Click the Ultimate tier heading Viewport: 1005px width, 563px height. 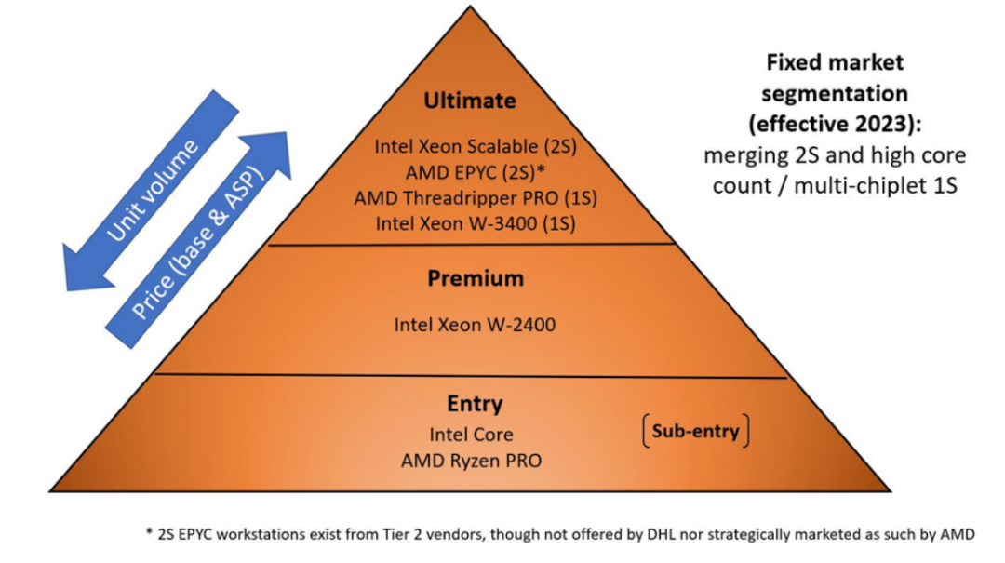pyautogui.click(x=470, y=101)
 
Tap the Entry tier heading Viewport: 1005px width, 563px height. pyautogui.click(x=475, y=404)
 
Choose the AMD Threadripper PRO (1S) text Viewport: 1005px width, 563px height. pyautogui.click(x=476, y=197)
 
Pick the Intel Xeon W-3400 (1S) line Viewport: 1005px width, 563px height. pyautogui.click(x=476, y=223)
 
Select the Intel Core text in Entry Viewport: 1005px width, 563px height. pyautogui.click(x=471, y=435)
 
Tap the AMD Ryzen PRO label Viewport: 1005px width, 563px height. pyautogui.click(x=471, y=461)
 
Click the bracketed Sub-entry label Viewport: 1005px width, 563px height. pyautogui.click(x=695, y=431)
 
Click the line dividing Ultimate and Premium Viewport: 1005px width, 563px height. pyautogui.click(x=471, y=245)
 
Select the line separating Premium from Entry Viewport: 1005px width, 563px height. pyautogui.click(x=471, y=376)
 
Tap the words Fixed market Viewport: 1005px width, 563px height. pyautogui.click(x=835, y=63)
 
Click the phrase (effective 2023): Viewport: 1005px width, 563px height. pyautogui.click(x=835, y=125)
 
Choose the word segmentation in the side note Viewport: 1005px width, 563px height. pyautogui.click(x=835, y=94)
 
